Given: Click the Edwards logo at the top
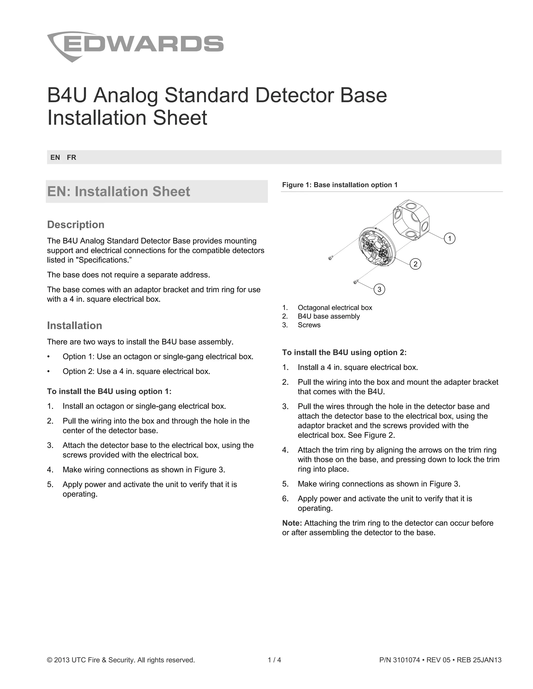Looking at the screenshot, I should coord(135,46).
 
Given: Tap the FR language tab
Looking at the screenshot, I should coord(71,157).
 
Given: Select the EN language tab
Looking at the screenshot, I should coord(55,157).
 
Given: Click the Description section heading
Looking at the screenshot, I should coord(76,225).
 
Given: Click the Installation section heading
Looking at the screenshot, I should coord(74,326).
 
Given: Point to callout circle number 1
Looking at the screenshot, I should coord(449,238).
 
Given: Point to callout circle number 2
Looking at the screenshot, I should coord(415,264).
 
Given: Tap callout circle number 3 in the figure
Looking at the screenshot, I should coord(379,289).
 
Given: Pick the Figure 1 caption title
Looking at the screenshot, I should coord(340,185).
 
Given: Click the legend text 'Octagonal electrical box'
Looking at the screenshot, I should coord(335,308).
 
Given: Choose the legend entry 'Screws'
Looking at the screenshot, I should coord(309,325).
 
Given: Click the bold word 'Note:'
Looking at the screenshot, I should coord(292,523).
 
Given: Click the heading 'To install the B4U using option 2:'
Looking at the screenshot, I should coord(344,352).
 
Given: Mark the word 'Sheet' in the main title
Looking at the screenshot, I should coord(180,118).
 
